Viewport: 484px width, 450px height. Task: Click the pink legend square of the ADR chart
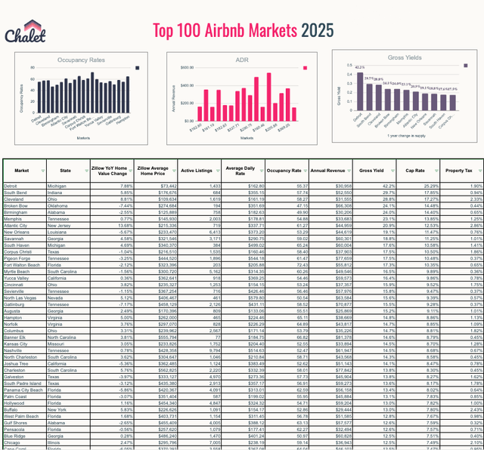pyautogui.click(x=305, y=67)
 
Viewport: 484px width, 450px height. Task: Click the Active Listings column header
pyautogui.click(x=199, y=171)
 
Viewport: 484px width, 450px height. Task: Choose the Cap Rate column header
pyautogui.click(x=414, y=171)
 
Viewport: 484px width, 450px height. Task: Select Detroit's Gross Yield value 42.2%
pyautogui.click(x=368, y=186)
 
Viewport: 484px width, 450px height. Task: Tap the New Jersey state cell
pyautogui.click(x=71, y=226)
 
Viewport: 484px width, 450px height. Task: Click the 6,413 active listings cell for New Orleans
pyautogui.click(x=213, y=233)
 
